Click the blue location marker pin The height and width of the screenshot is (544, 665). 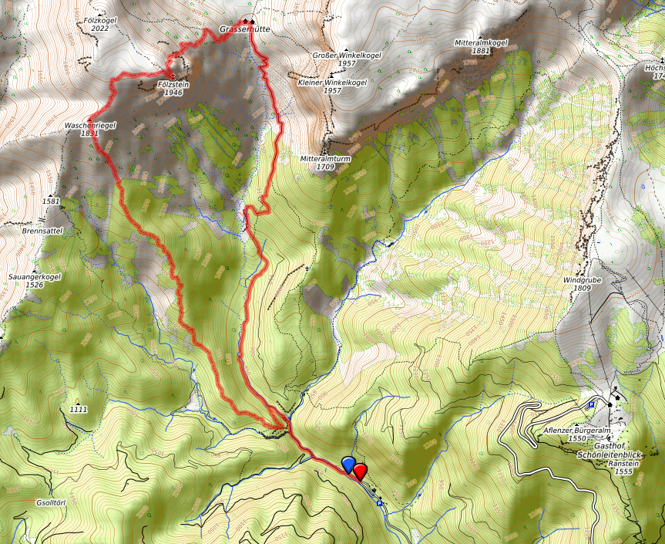[348, 464]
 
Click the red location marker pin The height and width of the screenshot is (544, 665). [359, 471]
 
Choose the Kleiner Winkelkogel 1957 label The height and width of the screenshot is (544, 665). [331, 86]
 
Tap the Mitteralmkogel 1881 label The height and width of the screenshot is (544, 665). [482, 46]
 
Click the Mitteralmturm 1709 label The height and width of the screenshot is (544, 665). [325, 162]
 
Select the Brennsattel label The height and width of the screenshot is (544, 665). [42, 230]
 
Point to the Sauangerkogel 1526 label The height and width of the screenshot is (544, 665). [35, 280]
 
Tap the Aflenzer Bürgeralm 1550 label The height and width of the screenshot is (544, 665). [567, 434]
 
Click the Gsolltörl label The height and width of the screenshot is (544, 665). [54, 502]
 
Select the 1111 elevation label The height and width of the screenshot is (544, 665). [78, 409]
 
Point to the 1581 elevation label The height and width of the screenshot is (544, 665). [52, 201]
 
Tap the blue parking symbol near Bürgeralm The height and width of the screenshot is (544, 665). [591, 404]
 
